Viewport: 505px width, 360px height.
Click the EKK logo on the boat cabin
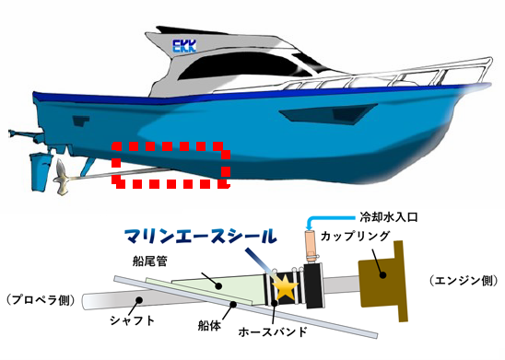point(184,46)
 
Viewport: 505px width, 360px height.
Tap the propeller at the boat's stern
point(62,178)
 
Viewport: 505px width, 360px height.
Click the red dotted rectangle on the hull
point(171,165)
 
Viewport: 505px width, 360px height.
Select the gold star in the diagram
point(286,285)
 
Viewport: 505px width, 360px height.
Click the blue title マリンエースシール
point(201,237)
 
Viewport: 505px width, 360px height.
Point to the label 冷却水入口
point(388,217)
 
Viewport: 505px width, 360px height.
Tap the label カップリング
point(355,236)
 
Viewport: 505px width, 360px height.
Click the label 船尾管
point(150,261)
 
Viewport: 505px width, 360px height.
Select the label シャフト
point(133,320)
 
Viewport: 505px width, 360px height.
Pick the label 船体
point(209,326)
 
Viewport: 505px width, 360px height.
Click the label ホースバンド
point(273,331)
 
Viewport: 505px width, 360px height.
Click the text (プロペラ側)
point(41,300)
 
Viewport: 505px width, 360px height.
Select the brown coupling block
point(383,281)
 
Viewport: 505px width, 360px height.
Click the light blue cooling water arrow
point(328,220)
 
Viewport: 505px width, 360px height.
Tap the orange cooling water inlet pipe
point(310,246)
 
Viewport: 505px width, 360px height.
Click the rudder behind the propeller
point(41,172)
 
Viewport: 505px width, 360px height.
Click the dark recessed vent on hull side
point(328,113)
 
